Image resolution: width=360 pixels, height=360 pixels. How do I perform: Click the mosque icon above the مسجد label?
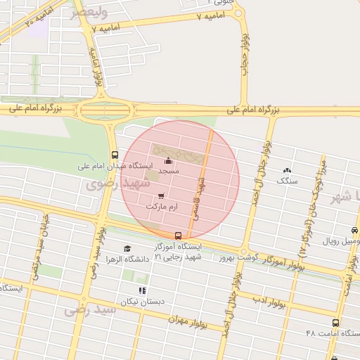click(167, 162)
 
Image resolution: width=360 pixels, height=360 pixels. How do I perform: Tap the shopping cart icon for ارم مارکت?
click(161, 196)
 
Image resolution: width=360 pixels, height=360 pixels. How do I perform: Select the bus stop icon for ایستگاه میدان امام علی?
click(115, 155)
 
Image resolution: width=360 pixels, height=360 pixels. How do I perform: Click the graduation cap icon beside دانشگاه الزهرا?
click(127, 248)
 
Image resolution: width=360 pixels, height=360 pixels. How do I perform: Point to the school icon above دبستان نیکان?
click(143, 290)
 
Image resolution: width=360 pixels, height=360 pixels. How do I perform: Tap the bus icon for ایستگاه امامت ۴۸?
click(335, 323)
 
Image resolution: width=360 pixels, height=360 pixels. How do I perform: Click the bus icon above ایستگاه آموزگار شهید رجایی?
click(178, 236)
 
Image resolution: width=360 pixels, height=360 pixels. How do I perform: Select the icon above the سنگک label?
click(287, 170)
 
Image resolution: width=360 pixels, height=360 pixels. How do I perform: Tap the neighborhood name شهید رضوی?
click(118, 184)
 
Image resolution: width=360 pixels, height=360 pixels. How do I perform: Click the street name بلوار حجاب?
click(245, 51)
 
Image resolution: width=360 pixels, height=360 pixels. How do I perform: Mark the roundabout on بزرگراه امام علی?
click(105, 110)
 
